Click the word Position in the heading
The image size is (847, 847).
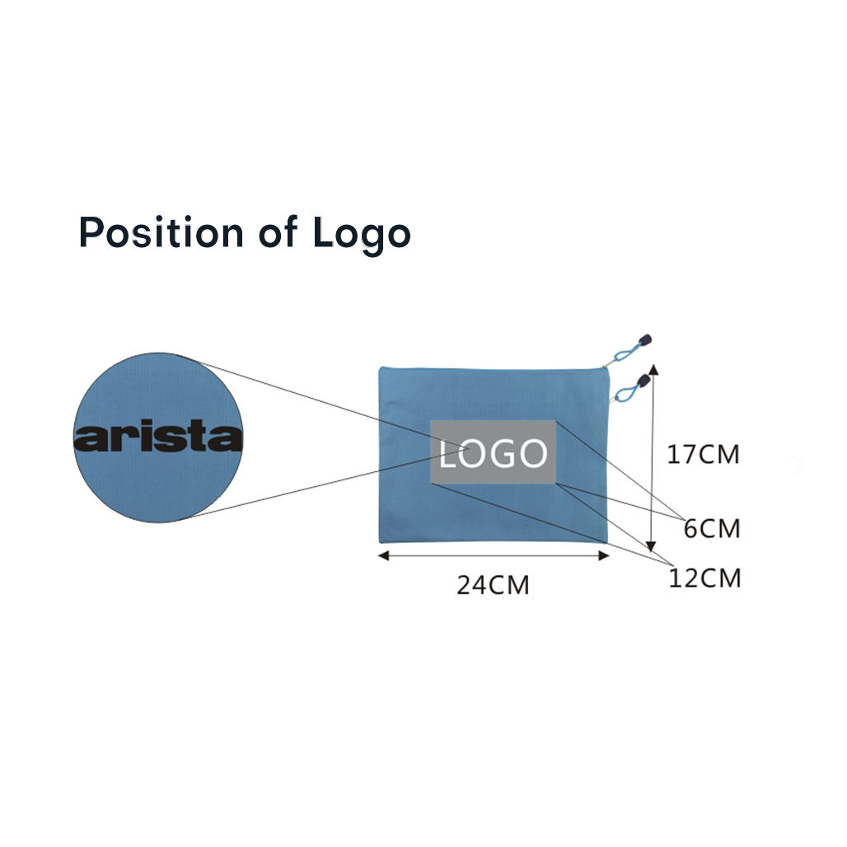click(161, 232)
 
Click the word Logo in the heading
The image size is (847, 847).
click(362, 235)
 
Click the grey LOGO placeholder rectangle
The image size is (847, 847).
click(493, 452)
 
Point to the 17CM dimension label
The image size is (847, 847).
click(703, 454)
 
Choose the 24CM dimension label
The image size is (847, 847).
click(493, 585)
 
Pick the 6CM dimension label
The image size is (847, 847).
click(711, 528)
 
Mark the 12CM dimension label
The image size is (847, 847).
click(704, 578)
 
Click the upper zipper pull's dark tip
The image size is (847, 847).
click(645, 340)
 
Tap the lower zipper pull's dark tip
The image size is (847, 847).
click(643, 381)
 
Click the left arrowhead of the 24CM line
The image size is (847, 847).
click(383, 555)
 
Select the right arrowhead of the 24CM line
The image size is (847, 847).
click(604, 555)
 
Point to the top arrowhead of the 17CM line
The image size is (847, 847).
click(653, 369)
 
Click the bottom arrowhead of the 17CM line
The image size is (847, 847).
click(651, 545)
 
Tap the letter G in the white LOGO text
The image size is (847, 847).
click(506, 453)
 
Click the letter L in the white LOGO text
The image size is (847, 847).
click(447, 454)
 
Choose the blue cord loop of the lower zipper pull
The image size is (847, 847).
click(625, 393)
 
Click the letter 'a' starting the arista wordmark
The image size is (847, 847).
click(89, 438)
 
